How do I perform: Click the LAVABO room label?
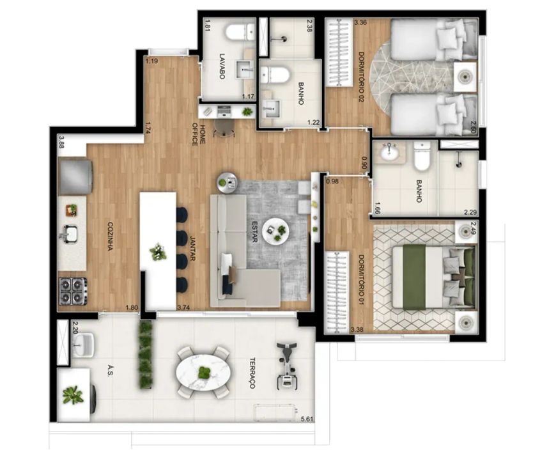[222, 66]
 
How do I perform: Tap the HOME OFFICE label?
[198, 134]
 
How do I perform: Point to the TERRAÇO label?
[252, 373]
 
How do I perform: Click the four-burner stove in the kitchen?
[73, 291]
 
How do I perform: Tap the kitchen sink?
[70, 234]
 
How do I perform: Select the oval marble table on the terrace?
[203, 372]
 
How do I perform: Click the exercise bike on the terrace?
[287, 365]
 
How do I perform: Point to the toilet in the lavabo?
[240, 32]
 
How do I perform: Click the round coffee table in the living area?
[275, 231]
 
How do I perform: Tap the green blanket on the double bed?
[415, 277]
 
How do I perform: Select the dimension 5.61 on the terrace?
[307, 419]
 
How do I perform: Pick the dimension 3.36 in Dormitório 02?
[360, 23]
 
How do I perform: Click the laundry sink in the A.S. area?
[84, 344]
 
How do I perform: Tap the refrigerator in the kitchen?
[75, 177]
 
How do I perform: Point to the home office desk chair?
[224, 127]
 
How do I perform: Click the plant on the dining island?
[158, 252]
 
